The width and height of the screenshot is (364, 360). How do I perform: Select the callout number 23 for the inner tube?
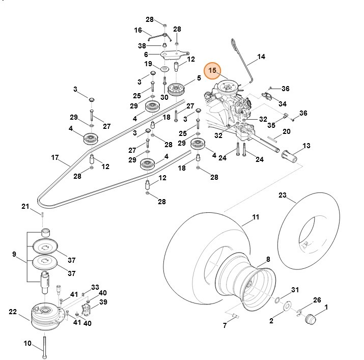click(283, 195)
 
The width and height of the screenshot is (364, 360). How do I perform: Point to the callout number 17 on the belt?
click(55, 157)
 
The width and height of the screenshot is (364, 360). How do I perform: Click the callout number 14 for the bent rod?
click(262, 57)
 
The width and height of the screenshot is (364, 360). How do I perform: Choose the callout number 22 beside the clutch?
click(13, 311)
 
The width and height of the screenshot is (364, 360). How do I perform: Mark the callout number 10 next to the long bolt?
click(27, 344)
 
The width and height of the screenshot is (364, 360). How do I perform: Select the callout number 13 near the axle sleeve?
click(306, 146)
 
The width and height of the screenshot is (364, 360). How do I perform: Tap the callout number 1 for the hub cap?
click(326, 307)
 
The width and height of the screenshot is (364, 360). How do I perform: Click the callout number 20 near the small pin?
click(287, 131)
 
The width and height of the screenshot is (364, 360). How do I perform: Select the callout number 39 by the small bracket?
click(103, 302)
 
